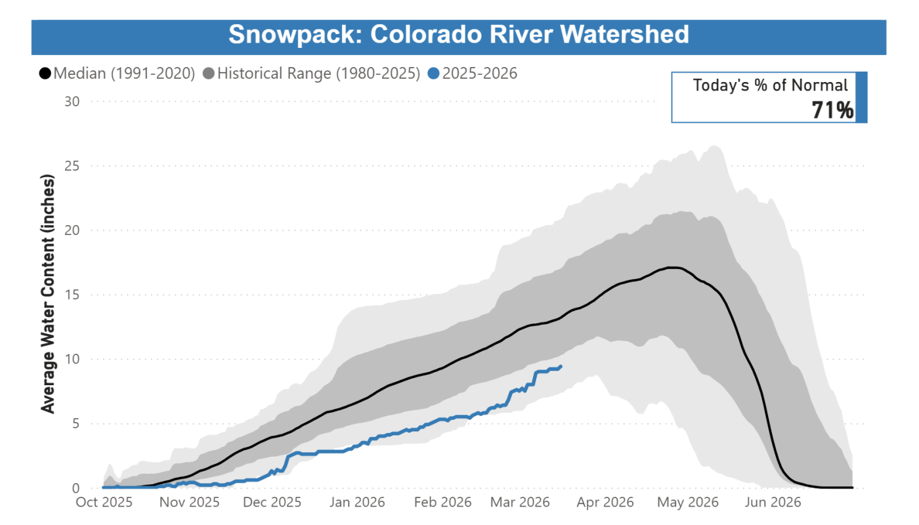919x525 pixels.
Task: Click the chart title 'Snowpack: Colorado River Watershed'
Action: [x=459, y=34]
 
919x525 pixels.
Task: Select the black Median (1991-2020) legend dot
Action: [x=45, y=73]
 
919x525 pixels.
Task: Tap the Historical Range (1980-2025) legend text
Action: [x=318, y=73]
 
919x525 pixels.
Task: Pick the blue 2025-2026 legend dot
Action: [x=433, y=73]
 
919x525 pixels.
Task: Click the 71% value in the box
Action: [x=832, y=110]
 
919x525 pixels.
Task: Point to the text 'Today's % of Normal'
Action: [x=771, y=85]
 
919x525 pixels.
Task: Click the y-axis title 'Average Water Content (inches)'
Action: [x=48, y=293]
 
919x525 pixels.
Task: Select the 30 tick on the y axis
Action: [x=72, y=102]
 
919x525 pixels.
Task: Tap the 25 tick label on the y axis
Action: [x=72, y=166]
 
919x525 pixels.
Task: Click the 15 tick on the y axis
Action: [x=72, y=295]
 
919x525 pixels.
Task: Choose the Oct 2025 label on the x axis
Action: [x=104, y=503]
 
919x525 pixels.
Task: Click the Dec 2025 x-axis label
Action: [x=272, y=503]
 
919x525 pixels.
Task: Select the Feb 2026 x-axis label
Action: [x=443, y=503]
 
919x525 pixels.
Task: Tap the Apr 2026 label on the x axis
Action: [x=606, y=503]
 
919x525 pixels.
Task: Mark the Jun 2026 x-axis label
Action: [x=773, y=503]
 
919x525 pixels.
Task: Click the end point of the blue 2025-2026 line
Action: [x=560, y=366]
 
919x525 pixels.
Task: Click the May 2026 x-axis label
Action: [x=689, y=503]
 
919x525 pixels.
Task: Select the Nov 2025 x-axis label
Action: [x=190, y=503]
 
